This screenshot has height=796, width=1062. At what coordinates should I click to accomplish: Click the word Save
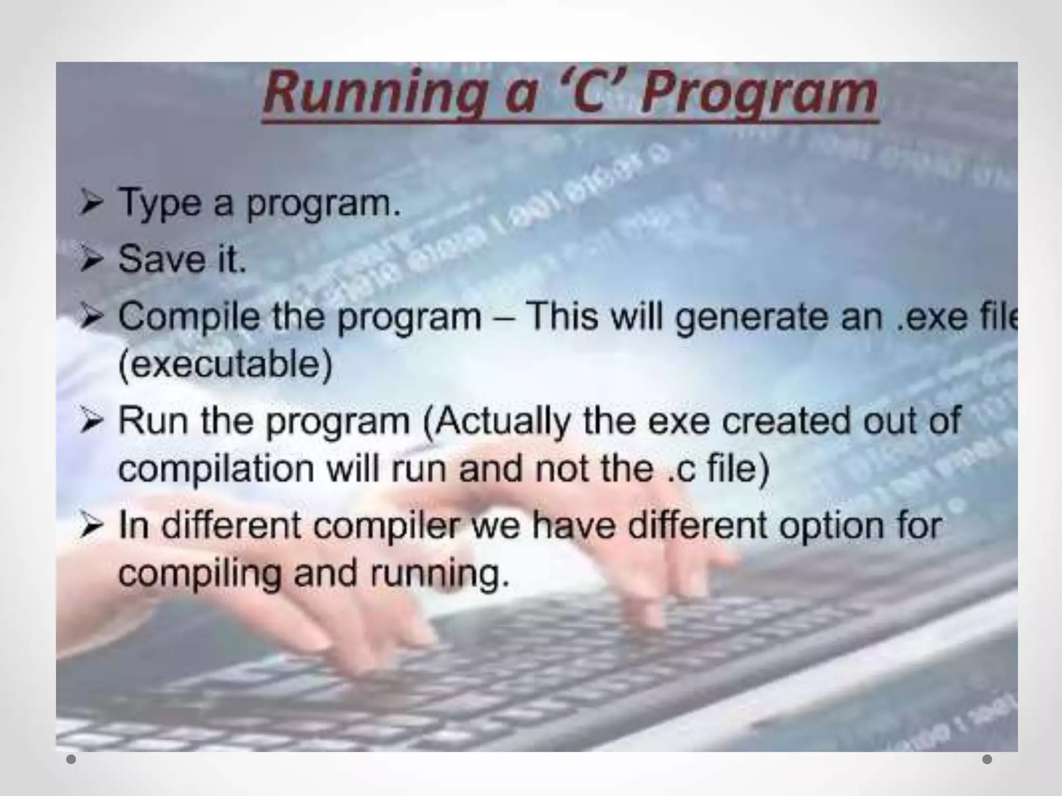coord(161,259)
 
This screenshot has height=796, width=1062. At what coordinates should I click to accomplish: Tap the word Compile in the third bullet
coord(189,317)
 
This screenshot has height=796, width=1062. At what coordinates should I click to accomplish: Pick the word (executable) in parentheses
coord(225,365)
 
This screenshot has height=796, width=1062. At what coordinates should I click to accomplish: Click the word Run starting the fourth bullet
coord(152,420)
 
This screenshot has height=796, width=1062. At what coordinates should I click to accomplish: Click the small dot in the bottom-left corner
coord(71,760)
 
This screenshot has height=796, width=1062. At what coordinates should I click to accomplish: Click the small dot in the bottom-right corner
coord(987,759)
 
